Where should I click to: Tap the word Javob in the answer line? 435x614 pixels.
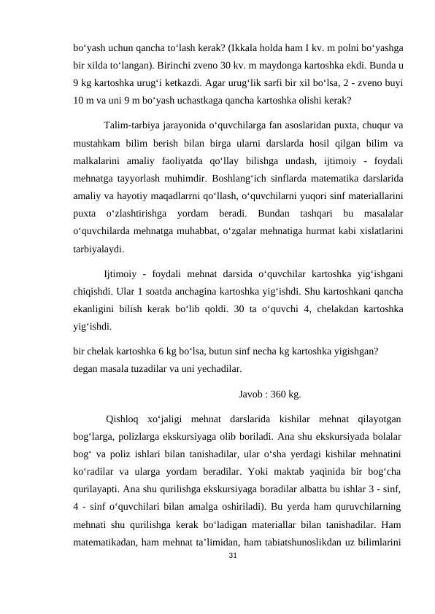pos(252,395)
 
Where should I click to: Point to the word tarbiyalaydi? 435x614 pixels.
pos(99,248)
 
